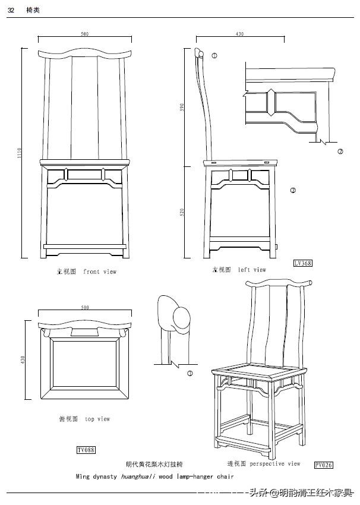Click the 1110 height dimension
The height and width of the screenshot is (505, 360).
[x=19, y=153]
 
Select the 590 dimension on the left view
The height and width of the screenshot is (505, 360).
[x=183, y=107]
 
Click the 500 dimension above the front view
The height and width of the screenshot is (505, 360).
[x=84, y=34]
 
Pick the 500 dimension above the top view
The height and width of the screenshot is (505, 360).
[x=84, y=307]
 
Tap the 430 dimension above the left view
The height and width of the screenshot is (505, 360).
[x=239, y=34]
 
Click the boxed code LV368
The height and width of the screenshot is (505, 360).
[x=302, y=263]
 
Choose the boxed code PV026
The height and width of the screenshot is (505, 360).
[x=323, y=465]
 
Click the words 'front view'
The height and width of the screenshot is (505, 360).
[x=100, y=272]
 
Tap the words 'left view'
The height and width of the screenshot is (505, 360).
[x=252, y=270]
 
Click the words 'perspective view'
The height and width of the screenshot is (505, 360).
[x=275, y=463]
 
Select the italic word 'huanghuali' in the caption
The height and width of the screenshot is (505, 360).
[x=142, y=476]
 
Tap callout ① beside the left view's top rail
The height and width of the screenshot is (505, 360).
[x=214, y=55]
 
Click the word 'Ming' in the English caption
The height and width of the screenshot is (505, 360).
[x=83, y=476]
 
